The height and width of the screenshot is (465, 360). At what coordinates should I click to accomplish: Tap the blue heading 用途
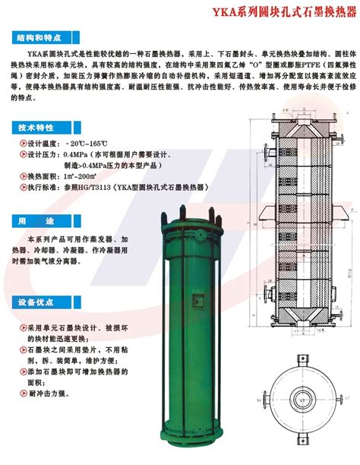33,220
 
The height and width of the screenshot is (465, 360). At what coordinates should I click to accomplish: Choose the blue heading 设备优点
33,302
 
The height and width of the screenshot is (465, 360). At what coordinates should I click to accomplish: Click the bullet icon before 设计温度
21,144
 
